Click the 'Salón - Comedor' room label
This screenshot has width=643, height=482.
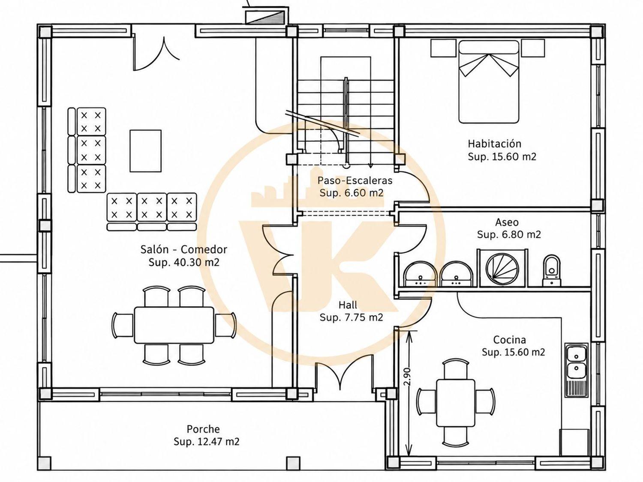pos(183,250)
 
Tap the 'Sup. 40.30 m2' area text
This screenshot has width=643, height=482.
pos(184,263)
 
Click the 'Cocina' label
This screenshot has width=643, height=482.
pos(509,340)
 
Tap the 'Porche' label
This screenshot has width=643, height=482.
pos(203,429)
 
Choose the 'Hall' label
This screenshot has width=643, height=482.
pos(348,305)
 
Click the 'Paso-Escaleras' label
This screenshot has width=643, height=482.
pos(355,180)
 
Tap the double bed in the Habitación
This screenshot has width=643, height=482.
pos(488,82)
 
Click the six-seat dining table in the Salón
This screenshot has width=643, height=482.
pos(174,325)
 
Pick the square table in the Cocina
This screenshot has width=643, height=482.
pos(456,407)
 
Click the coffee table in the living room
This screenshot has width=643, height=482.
pos(146,151)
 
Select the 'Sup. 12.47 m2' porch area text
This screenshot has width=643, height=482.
pos(207,441)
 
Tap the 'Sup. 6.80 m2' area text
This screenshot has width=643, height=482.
pos(509,234)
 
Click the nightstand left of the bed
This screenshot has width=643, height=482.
pos(443,48)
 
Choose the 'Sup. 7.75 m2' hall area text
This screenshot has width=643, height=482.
pos(351,317)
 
